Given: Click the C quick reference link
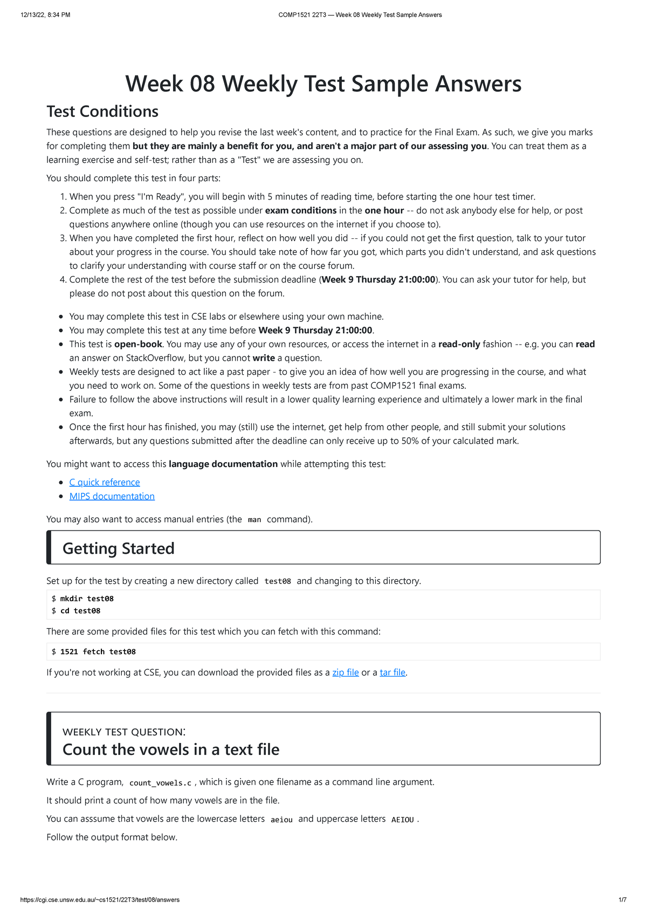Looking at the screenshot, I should [x=105, y=482].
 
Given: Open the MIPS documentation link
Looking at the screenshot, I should [x=112, y=496].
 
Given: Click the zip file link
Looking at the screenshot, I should [x=345, y=672].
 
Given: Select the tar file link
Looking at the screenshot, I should [x=393, y=672].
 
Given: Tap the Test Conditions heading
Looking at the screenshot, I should [x=102, y=111].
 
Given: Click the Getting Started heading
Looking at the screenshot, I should [x=119, y=548].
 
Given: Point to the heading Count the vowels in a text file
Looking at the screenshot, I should [x=171, y=749].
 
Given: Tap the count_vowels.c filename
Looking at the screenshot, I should [x=160, y=783].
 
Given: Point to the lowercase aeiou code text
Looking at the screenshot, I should [x=281, y=820].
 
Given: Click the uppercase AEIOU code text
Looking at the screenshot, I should [x=402, y=820].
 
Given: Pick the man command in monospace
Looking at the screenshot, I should [x=254, y=520].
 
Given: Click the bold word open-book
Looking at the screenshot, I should [x=138, y=344].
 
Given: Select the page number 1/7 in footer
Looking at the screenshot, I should [x=622, y=900].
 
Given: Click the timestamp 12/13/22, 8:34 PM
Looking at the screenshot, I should [x=45, y=15].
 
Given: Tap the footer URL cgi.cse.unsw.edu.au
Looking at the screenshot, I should [x=100, y=900].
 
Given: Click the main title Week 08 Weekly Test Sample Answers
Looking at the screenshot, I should [x=323, y=84].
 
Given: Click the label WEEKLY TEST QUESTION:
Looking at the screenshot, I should [x=124, y=732].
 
